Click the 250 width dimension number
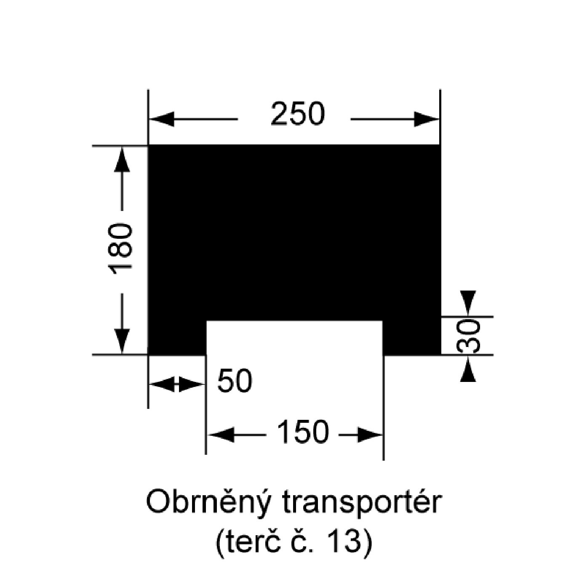point(298,114)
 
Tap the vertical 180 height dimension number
point(121,249)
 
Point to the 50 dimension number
point(235,381)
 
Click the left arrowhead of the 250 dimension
point(162,120)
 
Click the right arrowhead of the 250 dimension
point(426,120)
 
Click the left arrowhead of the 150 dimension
point(221,435)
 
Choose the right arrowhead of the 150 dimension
point(369,435)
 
